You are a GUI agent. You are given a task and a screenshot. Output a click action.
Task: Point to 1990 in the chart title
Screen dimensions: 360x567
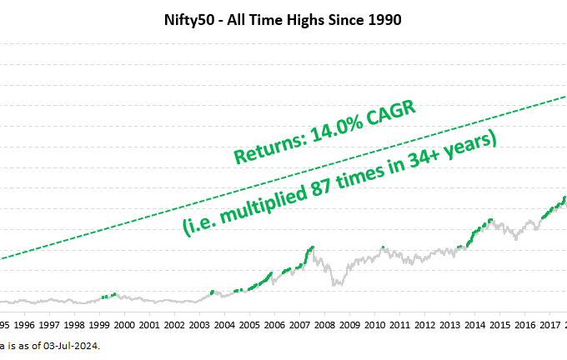[x=385, y=19]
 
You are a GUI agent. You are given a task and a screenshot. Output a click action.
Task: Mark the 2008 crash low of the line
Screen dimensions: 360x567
[x=337, y=285]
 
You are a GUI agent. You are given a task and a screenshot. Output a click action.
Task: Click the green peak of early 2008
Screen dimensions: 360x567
[x=312, y=247]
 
